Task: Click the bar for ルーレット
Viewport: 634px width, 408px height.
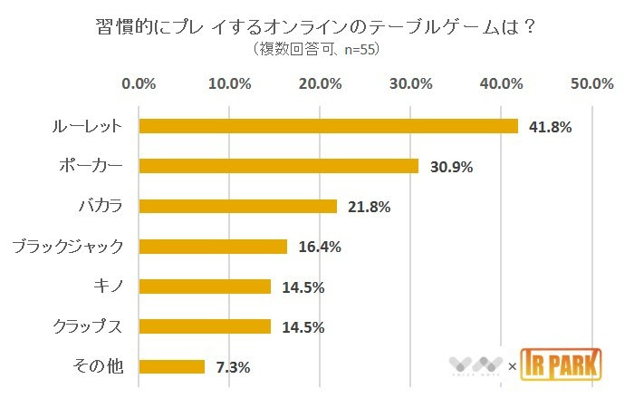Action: pos(328,126)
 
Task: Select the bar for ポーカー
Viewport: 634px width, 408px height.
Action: pos(279,166)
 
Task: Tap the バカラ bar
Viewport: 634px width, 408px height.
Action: pos(238,206)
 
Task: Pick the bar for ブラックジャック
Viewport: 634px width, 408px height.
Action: pos(213,247)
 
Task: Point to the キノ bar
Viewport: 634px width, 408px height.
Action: pos(205,287)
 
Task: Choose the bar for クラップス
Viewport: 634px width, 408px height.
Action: pos(205,326)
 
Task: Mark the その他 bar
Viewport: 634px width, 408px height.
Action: pos(172,366)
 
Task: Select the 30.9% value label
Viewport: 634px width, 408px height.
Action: pos(450,167)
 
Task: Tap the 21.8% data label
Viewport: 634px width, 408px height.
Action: pos(368,207)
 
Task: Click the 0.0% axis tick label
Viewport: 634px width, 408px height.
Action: pos(139,83)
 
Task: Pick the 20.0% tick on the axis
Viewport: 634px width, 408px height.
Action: pos(321,83)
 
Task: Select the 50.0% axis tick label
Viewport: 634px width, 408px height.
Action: pos(592,83)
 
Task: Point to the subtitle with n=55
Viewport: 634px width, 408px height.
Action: pos(316,50)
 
